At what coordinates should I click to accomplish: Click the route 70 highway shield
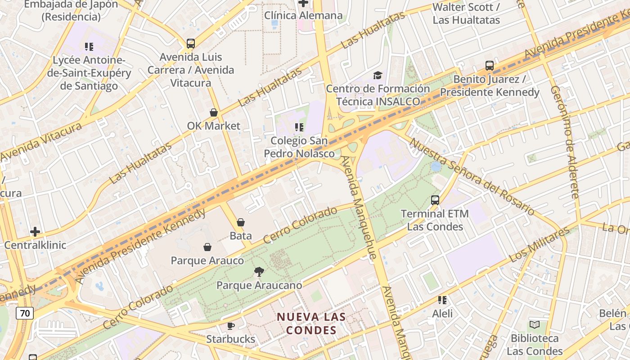click(x=25, y=313)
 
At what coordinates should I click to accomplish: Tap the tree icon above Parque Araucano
click(x=259, y=271)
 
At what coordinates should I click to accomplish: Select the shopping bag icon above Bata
click(x=241, y=222)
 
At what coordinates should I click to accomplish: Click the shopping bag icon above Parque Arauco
click(x=207, y=247)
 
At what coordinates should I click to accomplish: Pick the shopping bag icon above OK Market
click(x=214, y=112)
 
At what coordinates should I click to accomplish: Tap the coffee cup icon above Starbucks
click(x=231, y=325)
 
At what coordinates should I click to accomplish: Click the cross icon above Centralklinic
click(x=35, y=232)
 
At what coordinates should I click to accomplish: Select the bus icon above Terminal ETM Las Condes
click(x=435, y=200)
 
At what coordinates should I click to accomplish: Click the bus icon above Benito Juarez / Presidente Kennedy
click(x=490, y=66)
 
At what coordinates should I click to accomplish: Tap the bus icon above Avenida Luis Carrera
click(x=191, y=44)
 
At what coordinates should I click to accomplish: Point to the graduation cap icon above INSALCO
click(x=378, y=75)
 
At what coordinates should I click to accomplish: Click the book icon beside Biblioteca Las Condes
click(x=535, y=324)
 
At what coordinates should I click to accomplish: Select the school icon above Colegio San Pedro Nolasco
click(x=299, y=127)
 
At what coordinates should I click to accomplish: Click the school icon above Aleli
click(x=442, y=300)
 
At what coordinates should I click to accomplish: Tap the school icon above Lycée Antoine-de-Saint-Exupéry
click(x=89, y=46)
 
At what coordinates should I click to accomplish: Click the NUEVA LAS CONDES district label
click(x=311, y=323)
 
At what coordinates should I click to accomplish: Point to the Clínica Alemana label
click(x=303, y=15)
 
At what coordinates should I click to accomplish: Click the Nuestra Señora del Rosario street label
click(x=472, y=177)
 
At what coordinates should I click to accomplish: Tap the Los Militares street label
click(x=539, y=245)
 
